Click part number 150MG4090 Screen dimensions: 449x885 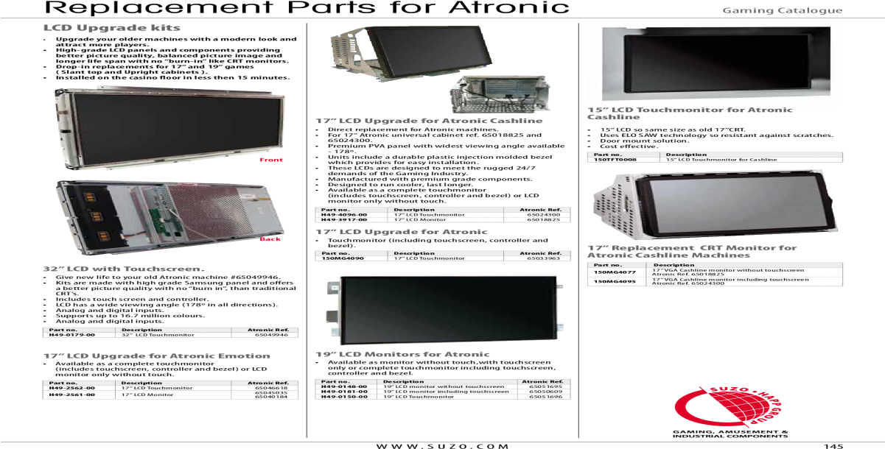click(x=340, y=258)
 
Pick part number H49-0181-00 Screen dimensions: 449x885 click(x=343, y=392)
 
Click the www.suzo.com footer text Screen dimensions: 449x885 click(x=442, y=445)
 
